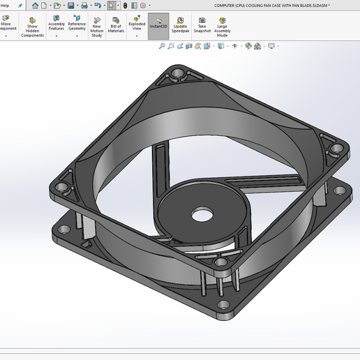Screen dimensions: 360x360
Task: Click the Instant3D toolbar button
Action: [158, 24]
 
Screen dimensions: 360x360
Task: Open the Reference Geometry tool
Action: [77, 24]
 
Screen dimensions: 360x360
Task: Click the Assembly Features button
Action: [57, 24]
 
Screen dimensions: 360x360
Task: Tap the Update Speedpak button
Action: [180, 24]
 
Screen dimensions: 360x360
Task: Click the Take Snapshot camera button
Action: [202, 24]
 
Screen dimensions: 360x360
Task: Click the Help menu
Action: [5, 5]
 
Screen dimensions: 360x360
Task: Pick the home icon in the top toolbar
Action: [35, 5]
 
